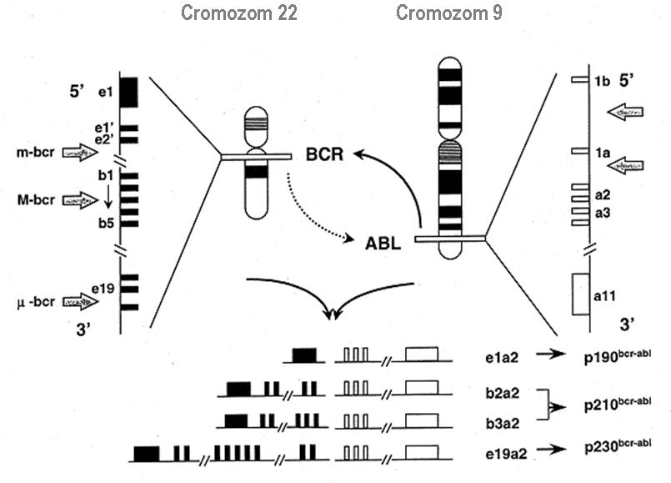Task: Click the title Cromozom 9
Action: (x=448, y=13)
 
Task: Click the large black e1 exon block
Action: (x=128, y=91)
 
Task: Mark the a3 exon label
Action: (x=603, y=214)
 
